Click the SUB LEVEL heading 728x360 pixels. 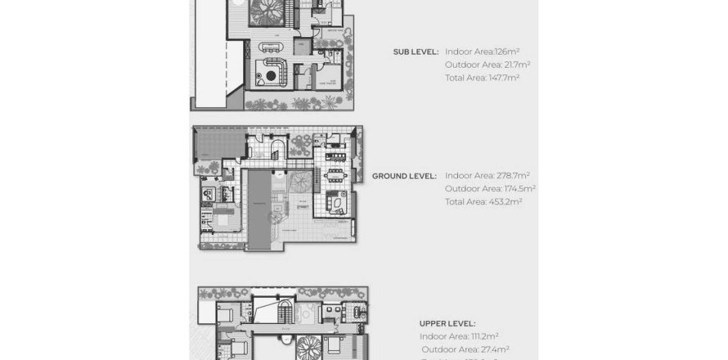click(x=416, y=51)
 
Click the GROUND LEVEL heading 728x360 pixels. click(x=404, y=176)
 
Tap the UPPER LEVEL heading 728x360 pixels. click(x=447, y=323)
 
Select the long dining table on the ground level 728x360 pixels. click(x=335, y=175)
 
